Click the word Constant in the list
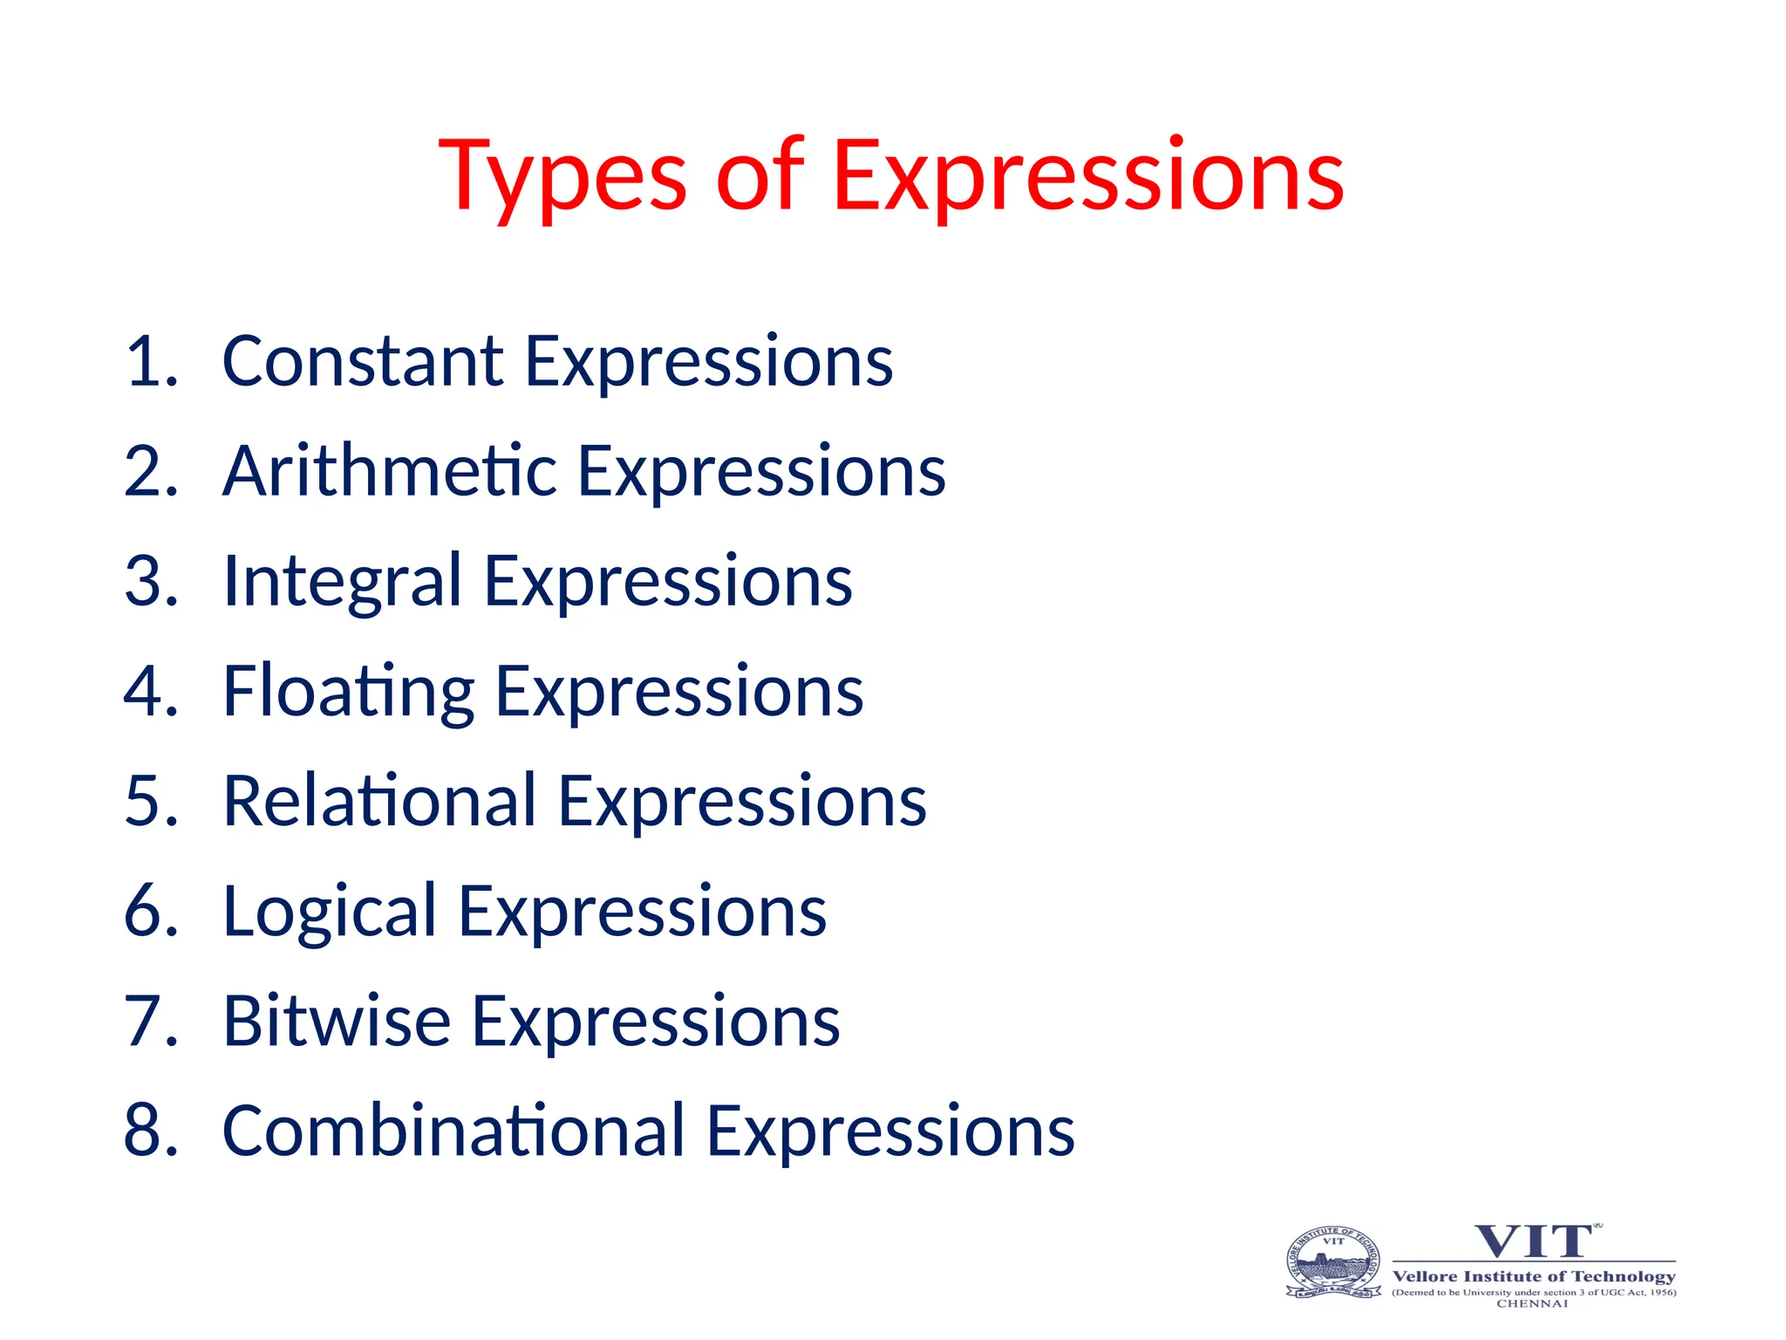click(x=362, y=361)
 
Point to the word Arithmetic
click(x=389, y=471)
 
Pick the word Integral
click(x=342, y=582)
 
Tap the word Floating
click(x=348, y=692)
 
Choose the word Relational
click(x=379, y=801)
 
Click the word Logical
click(x=329, y=913)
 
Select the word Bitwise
click(x=337, y=1022)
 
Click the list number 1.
click(x=150, y=361)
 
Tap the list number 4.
click(x=150, y=692)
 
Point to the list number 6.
click(x=150, y=912)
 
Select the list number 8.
click(x=150, y=1131)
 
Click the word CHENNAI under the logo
click(x=1532, y=1304)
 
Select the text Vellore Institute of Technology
click(x=1533, y=1276)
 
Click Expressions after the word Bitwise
click(x=656, y=1022)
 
